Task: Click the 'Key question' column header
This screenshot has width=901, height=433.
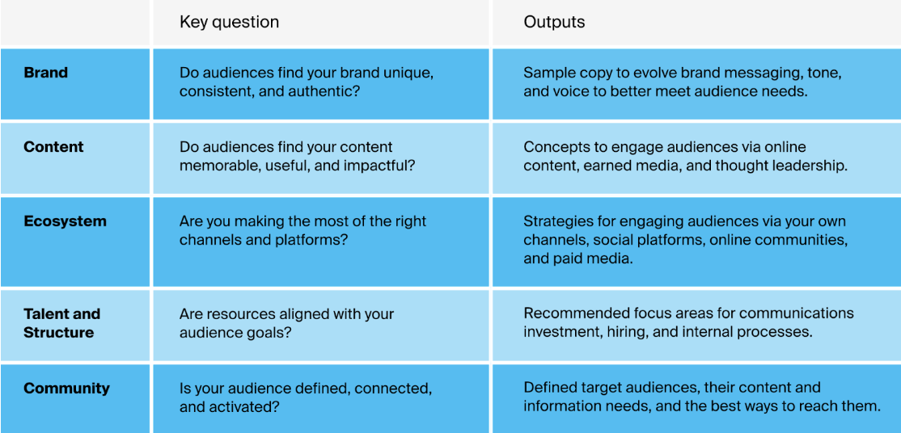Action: [229, 22]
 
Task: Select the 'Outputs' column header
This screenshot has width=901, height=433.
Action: [554, 22]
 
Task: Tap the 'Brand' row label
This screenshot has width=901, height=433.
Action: [46, 73]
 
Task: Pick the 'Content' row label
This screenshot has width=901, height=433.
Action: [53, 147]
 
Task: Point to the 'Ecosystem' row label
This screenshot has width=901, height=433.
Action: [65, 221]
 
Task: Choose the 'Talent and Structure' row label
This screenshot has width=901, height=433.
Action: [62, 323]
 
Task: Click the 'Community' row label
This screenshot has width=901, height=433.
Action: [66, 389]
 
